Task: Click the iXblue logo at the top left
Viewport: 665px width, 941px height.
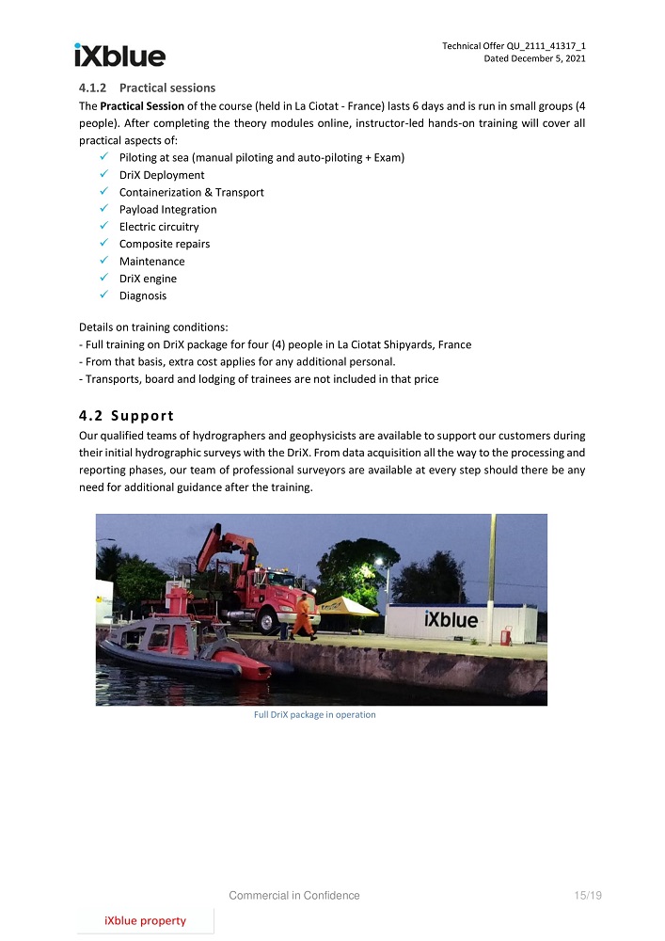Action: (x=119, y=56)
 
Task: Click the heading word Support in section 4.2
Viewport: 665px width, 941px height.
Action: (x=142, y=416)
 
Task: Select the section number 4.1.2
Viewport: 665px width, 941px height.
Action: (x=96, y=88)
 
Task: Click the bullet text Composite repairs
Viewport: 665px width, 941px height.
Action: (x=164, y=244)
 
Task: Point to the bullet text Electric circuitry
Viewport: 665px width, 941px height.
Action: (x=159, y=227)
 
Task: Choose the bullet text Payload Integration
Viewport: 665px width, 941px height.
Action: (x=167, y=210)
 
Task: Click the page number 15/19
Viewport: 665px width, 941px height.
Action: (x=587, y=896)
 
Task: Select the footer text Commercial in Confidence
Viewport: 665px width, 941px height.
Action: (x=294, y=896)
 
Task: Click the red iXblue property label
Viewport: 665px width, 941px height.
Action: (x=145, y=920)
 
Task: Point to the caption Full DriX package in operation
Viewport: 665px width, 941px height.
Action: (x=314, y=715)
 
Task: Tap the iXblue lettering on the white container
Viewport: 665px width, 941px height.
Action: (x=451, y=621)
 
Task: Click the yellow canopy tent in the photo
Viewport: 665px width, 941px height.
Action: (x=346, y=605)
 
